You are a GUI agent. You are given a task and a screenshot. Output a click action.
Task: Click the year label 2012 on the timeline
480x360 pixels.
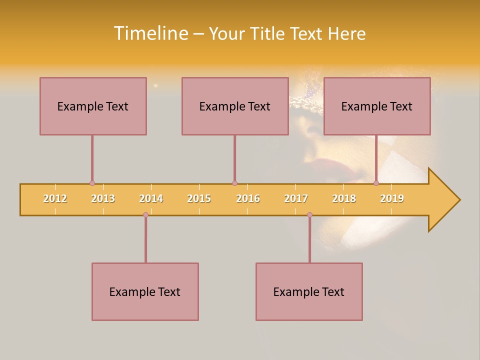coord(55,198)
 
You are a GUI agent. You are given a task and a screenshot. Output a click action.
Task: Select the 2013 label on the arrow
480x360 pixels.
coord(103,198)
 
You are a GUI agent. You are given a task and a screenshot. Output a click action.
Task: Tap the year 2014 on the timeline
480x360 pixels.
coord(151,198)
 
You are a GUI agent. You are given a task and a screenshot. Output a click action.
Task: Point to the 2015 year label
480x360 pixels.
coord(199,198)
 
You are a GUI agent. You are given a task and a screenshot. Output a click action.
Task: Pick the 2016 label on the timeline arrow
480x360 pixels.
coord(248,198)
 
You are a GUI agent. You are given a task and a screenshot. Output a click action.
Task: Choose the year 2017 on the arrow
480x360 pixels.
coord(296,198)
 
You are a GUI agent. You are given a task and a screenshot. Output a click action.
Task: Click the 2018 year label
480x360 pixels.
coord(344,198)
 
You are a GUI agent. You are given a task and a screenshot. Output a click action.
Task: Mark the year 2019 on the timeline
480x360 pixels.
coord(392,198)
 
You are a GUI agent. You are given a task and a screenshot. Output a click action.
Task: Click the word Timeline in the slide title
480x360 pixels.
coord(150,33)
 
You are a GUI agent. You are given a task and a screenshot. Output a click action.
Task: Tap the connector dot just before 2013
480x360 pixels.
coord(92,183)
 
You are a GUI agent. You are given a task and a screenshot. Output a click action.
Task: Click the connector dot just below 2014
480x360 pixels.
coord(145,215)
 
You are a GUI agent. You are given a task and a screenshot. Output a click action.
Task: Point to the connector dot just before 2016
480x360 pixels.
coord(234,183)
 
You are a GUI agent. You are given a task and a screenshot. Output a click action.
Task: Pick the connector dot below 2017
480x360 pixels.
coord(309,215)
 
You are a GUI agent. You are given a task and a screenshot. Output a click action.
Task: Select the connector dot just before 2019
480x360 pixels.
coord(376,183)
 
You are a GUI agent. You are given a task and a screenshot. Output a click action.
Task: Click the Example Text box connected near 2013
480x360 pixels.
coord(93,106)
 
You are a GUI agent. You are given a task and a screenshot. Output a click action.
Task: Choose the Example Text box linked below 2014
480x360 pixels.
coord(145,291)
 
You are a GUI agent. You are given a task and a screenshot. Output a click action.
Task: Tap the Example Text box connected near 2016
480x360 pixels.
coord(235,106)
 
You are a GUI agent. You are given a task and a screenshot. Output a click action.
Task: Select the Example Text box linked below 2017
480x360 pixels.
coord(309,291)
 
